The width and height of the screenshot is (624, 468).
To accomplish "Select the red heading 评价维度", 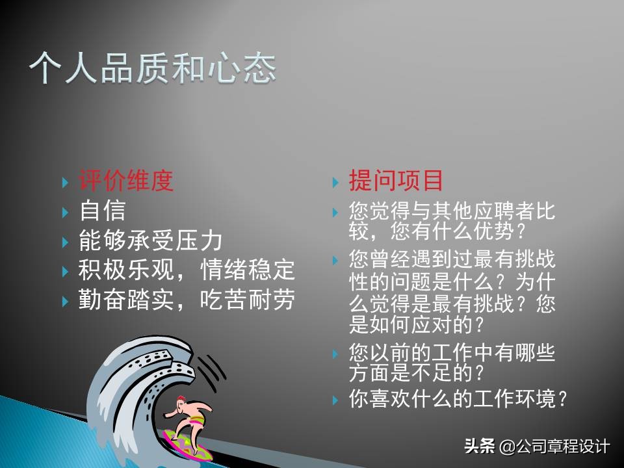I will pyautogui.click(x=126, y=181).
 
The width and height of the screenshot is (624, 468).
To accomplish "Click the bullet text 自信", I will pyautogui.click(x=102, y=211).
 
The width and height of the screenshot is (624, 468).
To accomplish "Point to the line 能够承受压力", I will pyautogui.click(x=150, y=240).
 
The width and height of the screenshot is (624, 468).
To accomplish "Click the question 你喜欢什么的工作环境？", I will pyautogui.click(x=459, y=398).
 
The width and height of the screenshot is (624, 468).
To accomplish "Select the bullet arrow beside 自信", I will pyautogui.click(x=65, y=212).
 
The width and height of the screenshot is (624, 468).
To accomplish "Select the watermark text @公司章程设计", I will pyautogui.click(x=554, y=447).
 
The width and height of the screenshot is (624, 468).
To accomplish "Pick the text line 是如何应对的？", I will pyautogui.click(x=417, y=323).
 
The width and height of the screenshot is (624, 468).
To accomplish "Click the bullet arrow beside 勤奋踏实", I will pyautogui.click(x=65, y=302).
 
